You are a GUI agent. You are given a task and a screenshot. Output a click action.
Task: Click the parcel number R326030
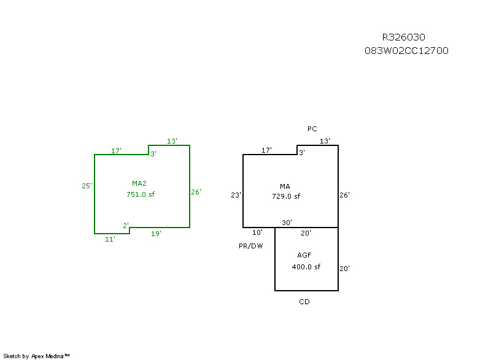403,37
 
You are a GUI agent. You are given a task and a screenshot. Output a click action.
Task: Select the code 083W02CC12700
406,50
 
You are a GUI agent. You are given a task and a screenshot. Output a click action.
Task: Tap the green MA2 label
139,183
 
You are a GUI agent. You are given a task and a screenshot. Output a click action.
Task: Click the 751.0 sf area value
141,194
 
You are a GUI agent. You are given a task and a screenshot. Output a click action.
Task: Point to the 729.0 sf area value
286,196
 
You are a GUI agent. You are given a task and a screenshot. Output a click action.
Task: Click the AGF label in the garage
305,255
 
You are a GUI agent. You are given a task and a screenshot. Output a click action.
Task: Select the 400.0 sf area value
306,267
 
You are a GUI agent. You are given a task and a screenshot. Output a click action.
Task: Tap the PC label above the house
312,129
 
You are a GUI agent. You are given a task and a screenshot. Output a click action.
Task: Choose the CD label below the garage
304,302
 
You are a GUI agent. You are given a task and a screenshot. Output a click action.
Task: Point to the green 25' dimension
87,186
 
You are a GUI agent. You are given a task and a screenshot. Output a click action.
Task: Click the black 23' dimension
236,195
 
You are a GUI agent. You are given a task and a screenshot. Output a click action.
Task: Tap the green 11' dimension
110,239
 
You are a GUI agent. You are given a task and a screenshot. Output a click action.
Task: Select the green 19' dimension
156,234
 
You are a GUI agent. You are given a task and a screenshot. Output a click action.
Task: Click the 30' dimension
287,223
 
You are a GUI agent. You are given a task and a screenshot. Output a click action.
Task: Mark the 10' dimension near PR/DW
257,232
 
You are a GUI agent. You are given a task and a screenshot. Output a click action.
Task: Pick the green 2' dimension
125,226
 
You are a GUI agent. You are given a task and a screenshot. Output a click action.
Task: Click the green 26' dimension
196,192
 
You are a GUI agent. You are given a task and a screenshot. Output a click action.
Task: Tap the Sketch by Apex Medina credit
36,356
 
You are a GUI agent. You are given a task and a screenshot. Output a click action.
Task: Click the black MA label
285,186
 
